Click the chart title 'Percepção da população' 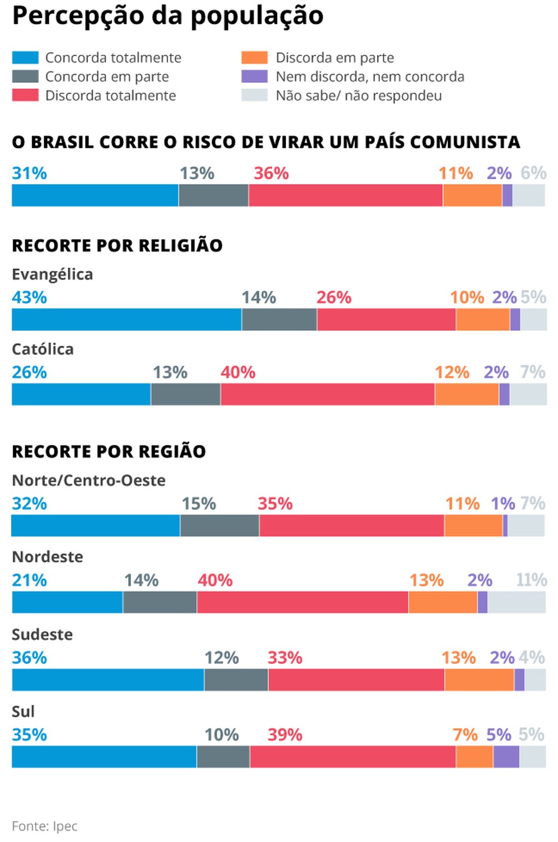[x=168, y=16]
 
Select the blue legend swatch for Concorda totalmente [x=25, y=58]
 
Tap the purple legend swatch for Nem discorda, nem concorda [x=254, y=77]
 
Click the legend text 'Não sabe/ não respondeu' [x=358, y=96]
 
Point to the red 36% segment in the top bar [x=345, y=196]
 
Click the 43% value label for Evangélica [x=29, y=298]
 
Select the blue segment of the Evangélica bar [x=126, y=320]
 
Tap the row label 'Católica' [x=43, y=349]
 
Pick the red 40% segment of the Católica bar [x=327, y=395]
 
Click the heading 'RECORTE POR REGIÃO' [x=109, y=452]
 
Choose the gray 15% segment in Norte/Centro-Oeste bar [x=219, y=526]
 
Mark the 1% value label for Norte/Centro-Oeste [x=502, y=503]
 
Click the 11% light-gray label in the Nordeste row [x=531, y=580]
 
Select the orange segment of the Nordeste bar [x=442, y=603]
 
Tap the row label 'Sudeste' [x=42, y=634]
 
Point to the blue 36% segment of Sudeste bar [x=108, y=680]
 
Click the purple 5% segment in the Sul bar [x=506, y=757]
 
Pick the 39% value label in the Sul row [x=285, y=735]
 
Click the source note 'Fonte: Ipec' [x=44, y=826]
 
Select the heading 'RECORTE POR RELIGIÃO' [x=117, y=246]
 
